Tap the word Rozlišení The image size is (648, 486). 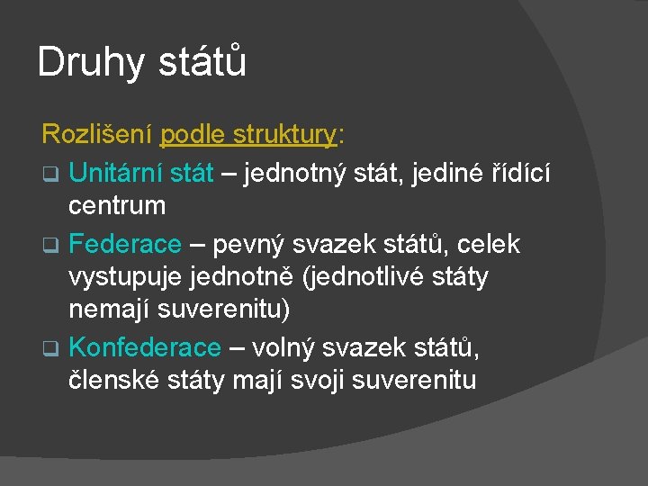coord(96,136)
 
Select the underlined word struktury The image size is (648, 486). coord(283,136)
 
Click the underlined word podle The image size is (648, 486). coord(192,136)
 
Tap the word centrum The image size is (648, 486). coord(117,206)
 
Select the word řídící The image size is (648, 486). coord(537,171)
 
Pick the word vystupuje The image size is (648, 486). coord(126,276)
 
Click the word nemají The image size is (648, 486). coord(108,311)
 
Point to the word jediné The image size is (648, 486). coord(447,171)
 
